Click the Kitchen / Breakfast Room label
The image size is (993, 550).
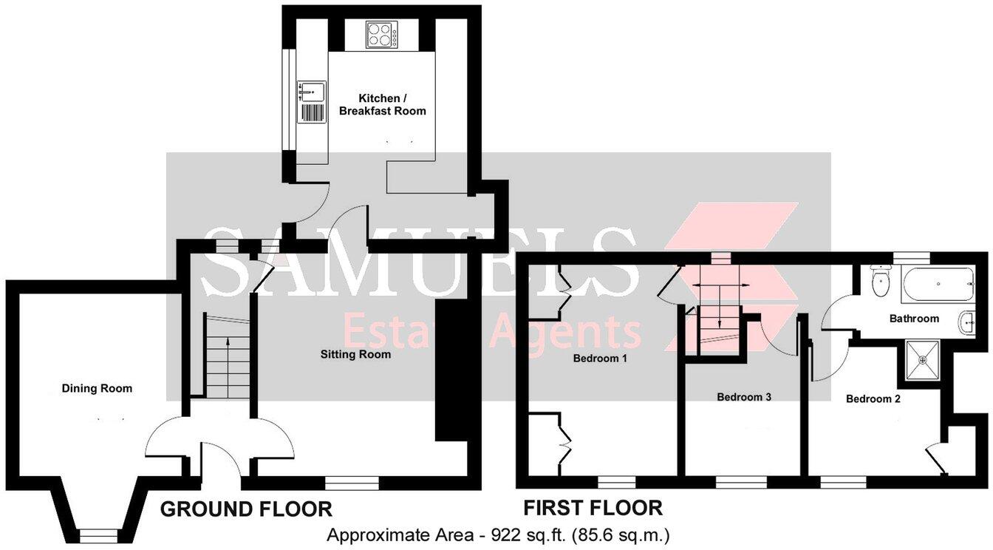click(382, 104)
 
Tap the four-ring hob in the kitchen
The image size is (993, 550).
click(382, 34)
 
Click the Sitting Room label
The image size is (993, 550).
click(355, 354)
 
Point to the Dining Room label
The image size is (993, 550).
click(97, 388)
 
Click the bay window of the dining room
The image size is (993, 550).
click(98, 534)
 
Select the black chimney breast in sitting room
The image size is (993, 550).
click(451, 370)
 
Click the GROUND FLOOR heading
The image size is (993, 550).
click(246, 509)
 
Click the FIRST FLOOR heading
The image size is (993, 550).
click(593, 508)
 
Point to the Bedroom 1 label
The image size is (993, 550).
click(600, 359)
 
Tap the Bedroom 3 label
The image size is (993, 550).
click(744, 397)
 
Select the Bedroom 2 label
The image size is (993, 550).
click(873, 399)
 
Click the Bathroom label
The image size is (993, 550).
click(914, 319)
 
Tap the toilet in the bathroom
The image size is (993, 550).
click(880, 282)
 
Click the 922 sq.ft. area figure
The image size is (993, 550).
click(516, 534)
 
